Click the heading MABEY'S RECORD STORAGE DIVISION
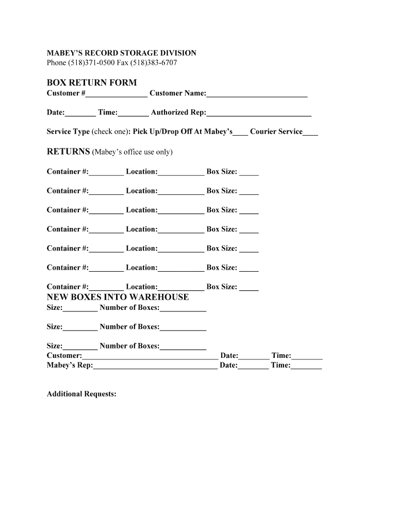[121, 53]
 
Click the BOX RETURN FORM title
[92, 82]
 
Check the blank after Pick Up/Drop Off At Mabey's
[240, 133]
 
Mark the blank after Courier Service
[310, 133]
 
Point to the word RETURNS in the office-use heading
[68, 152]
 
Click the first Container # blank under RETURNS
[106, 172]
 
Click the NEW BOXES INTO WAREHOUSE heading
[118, 297]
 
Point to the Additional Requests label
[81, 394]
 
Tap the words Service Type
[68, 132]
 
